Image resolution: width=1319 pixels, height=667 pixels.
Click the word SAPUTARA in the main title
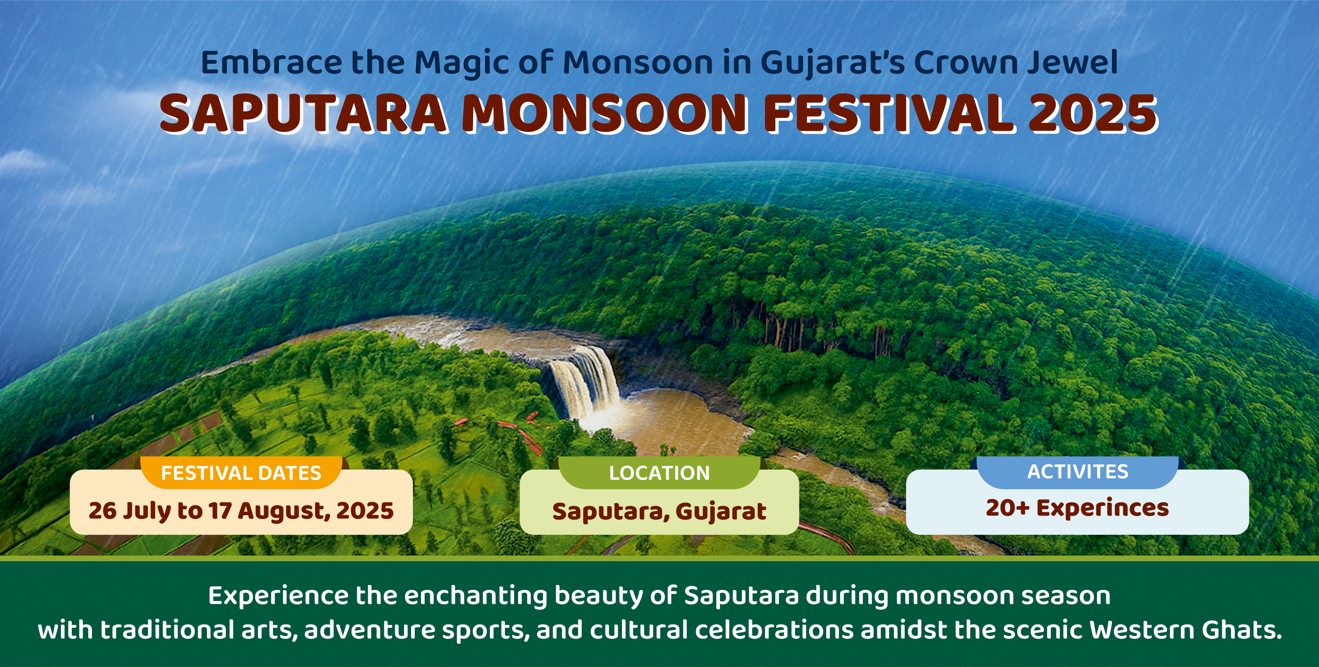coord(303,114)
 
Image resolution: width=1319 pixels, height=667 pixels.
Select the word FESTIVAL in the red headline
coord(887,114)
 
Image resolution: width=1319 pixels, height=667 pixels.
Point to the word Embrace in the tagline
coord(272,63)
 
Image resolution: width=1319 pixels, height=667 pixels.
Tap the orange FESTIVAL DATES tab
coord(241,472)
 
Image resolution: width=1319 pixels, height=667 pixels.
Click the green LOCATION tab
coord(659,472)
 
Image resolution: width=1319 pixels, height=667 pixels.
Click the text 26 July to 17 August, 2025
coord(241,511)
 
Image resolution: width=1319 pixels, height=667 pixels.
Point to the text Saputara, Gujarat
coord(659,511)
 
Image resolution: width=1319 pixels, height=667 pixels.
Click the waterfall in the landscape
coord(584,384)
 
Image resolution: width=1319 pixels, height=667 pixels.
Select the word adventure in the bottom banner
coord(370,630)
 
